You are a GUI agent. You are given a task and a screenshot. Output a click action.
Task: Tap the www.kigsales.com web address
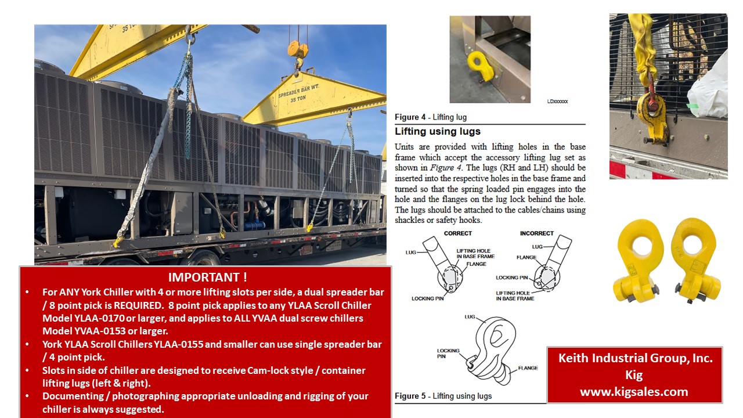coord(634,392)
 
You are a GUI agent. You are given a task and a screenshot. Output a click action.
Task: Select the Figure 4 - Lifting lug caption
coord(431,117)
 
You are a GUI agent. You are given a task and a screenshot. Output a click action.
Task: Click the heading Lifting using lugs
coord(438,131)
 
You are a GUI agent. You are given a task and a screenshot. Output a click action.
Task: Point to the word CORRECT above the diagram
coord(457,233)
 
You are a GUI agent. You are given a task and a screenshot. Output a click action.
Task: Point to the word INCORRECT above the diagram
coord(536,233)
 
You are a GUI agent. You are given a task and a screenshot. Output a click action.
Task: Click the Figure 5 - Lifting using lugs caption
coord(443,396)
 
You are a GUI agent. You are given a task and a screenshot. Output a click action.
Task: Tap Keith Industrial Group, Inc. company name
coord(635,358)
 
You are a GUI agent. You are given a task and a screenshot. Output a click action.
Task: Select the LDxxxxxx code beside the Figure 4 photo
coord(557,101)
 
